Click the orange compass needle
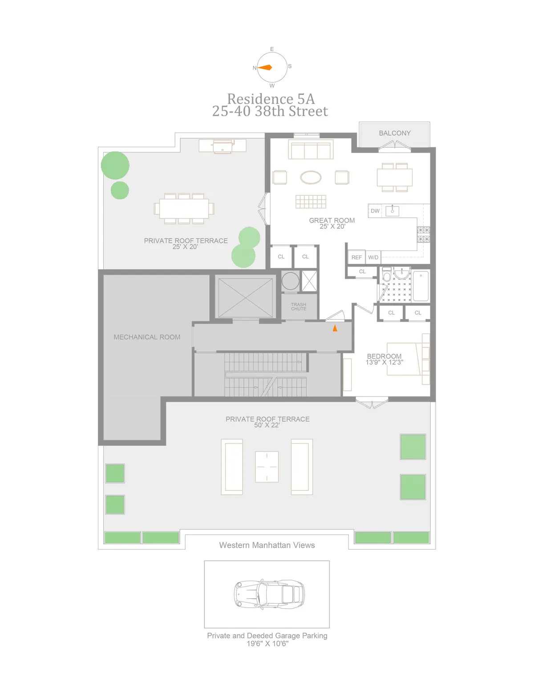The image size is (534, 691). tap(266, 68)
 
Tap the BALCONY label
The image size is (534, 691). tap(395, 133)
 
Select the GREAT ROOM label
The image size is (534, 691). tap(332, 220)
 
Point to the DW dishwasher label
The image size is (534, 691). tap(375, 211)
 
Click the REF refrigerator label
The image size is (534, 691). tap(356, 257)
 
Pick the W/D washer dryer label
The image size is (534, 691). tap(373, 257)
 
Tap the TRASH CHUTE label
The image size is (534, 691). tap(299, 307)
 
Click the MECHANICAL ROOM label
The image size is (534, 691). tap(147, 337)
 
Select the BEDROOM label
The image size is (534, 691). tap(384, 356)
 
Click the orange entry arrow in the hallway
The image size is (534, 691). tap(335, 328)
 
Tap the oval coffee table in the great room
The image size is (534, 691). tap(311, 178)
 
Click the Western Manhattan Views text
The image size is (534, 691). tap(267, 545)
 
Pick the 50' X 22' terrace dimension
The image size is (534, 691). tap(267, 425)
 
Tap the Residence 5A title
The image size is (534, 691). tap(271, 99)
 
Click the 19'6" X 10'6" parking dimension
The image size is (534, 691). tap(267, 643)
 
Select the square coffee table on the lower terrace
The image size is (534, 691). tap(267, 467)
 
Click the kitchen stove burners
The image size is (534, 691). tap(423, 234)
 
